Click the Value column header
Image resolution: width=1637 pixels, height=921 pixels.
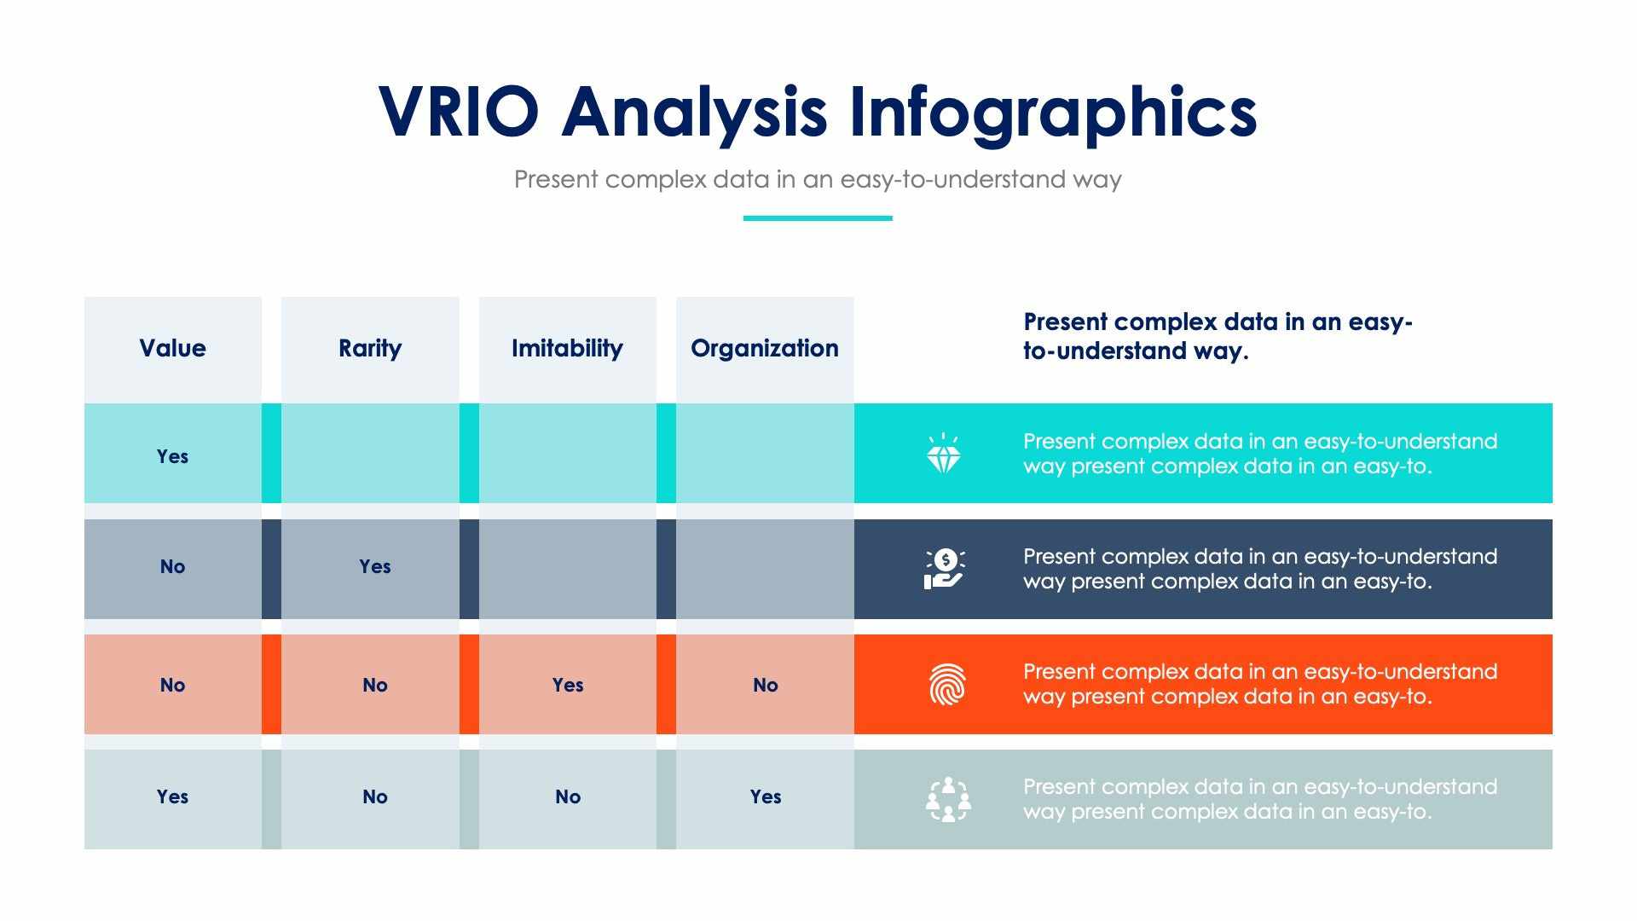tap(172, 348)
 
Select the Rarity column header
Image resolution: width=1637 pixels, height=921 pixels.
tap(369, 348)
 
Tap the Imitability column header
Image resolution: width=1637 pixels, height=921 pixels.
tap(567, 348)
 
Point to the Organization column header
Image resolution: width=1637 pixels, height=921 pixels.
tap(765, 348)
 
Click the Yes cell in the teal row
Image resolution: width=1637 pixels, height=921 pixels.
tap(172, 456)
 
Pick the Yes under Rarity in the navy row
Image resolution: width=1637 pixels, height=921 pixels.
tap(374, 566)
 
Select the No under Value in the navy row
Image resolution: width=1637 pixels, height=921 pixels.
tap(172, 566)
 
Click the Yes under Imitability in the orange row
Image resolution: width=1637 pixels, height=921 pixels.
tap(567, 685)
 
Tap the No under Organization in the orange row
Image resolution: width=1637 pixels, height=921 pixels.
tap(765, 685)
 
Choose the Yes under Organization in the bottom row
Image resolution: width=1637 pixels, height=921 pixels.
tap(765, 796)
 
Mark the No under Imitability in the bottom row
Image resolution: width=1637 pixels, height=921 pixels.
tap(567, 796)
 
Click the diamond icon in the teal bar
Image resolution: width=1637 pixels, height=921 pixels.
tap(944, 454)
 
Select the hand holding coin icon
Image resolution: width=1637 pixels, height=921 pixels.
tap(944, 569)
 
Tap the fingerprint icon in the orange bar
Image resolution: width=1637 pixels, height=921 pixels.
tap(946, 685)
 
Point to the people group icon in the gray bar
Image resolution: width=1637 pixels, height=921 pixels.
tap(948, 799)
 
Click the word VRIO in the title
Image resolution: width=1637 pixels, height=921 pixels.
tap(458, 112)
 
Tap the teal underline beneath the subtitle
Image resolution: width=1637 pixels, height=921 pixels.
tap(818, 218)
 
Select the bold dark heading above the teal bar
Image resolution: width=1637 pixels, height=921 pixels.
tap(1218, 336)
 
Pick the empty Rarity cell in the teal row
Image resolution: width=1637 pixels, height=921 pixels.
tap(369, 453)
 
